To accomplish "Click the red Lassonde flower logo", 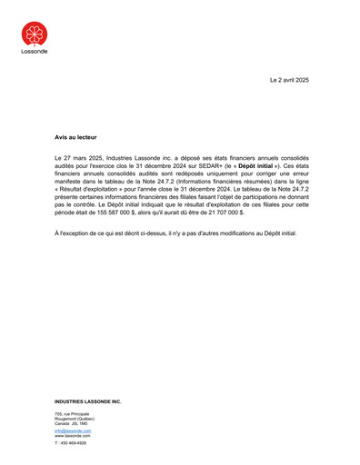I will pyautogui.click(x=35, y=35).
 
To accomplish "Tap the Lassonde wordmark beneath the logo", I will pyautogui.click(x=35, y=52).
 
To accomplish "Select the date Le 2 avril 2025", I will pyautogui.click(x=289, y=80).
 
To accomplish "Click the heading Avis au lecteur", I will pyautogui.click(x=75, y=136).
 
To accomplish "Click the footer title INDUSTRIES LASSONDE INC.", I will pyautogui.click(x=87, y=401).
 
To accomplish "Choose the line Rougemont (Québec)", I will pyautogui.click(x=75, y=419).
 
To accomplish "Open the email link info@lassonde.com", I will pyautogui.click(x=73, y=430).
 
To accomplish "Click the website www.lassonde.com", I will pyautogui.click(x=73, y=435).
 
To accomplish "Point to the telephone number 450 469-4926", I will pyautogui.click(x=72, y=443).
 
